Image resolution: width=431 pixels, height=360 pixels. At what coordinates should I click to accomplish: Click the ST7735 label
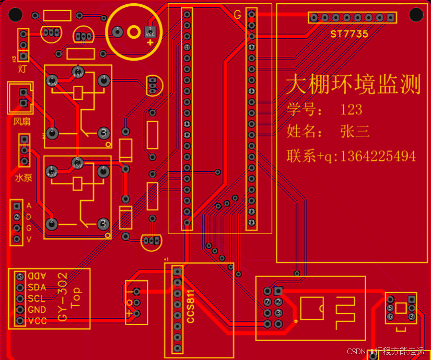[349, 34]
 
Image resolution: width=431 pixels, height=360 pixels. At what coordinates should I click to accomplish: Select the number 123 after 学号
[351, 110]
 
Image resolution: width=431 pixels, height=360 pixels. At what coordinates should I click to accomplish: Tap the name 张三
[355, 131]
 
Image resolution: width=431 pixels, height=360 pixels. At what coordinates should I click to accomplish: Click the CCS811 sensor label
[191, 307]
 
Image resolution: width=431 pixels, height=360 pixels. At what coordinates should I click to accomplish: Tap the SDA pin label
[37, 287]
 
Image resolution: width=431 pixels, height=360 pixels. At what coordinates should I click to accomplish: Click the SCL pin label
[37, 299]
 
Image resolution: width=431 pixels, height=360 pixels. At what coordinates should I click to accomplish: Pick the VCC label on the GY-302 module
[37, 321]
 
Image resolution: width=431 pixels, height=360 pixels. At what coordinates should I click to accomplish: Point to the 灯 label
[22, 68]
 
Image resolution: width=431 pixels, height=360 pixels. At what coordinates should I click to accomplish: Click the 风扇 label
[22, 122]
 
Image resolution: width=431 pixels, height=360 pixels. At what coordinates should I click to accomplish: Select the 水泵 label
[24, 178]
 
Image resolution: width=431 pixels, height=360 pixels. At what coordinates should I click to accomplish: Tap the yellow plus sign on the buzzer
[150, 42]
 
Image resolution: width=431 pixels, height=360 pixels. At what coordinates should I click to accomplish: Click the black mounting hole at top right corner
[416, 15]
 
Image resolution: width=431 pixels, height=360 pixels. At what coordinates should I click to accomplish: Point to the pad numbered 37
[252, 48]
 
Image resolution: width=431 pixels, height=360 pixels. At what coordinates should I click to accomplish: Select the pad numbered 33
[252, 91]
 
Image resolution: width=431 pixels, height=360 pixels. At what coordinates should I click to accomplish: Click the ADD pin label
[37, 276]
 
